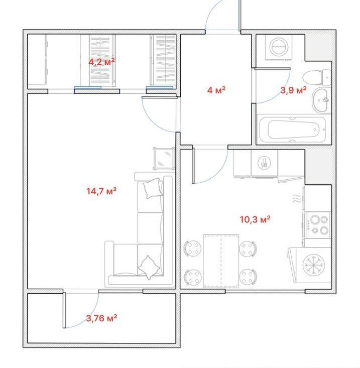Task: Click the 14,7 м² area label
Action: [x=101, y=191]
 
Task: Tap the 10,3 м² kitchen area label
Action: [x=255, y=219]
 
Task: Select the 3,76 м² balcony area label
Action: [x=101, y=318]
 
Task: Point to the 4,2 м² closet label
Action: [x=101, y=62]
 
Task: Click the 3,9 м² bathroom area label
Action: [x=293, y=90]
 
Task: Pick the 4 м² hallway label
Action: [x=216, y=90]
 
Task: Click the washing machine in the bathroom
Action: [x=279, y=48]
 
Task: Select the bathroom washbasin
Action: [x=320, y=100]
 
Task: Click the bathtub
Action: [x=294, y=130]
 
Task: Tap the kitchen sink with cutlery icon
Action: [x=264, y=163]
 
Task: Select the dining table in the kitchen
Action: [x=221, y=261]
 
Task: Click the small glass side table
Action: [x=164, y=158]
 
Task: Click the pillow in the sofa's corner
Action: [x=149, y=268]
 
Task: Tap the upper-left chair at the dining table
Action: [x=193, y=249]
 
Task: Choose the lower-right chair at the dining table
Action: [x=248, y=277]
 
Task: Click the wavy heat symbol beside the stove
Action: [x=297, y=198]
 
